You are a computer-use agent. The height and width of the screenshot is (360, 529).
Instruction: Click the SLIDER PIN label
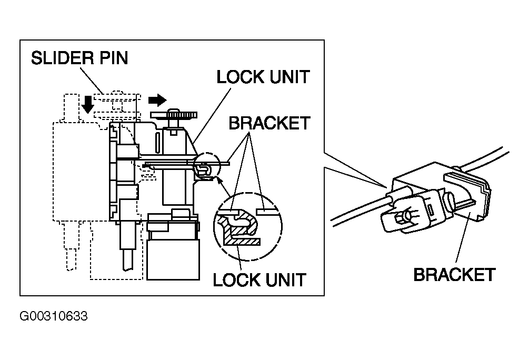point(79,58)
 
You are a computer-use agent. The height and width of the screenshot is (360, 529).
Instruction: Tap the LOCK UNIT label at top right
point(263,77)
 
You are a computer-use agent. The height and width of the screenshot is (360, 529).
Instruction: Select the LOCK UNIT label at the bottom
point(259,280)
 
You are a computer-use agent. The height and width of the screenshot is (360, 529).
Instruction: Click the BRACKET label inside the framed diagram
point(269,123)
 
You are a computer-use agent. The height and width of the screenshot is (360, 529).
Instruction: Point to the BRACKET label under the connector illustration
point(454,275)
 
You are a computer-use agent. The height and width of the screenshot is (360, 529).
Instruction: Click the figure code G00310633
point(54,316)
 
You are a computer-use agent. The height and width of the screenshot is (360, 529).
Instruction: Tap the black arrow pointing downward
point(88,104)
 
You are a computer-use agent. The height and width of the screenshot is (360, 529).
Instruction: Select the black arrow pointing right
point(157,100)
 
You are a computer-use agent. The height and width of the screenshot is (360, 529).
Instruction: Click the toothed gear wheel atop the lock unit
point(174,115)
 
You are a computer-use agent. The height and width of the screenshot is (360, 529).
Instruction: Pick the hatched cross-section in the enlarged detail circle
point(236,233)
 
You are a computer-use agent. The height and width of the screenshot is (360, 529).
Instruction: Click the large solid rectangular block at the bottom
point(173,260)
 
